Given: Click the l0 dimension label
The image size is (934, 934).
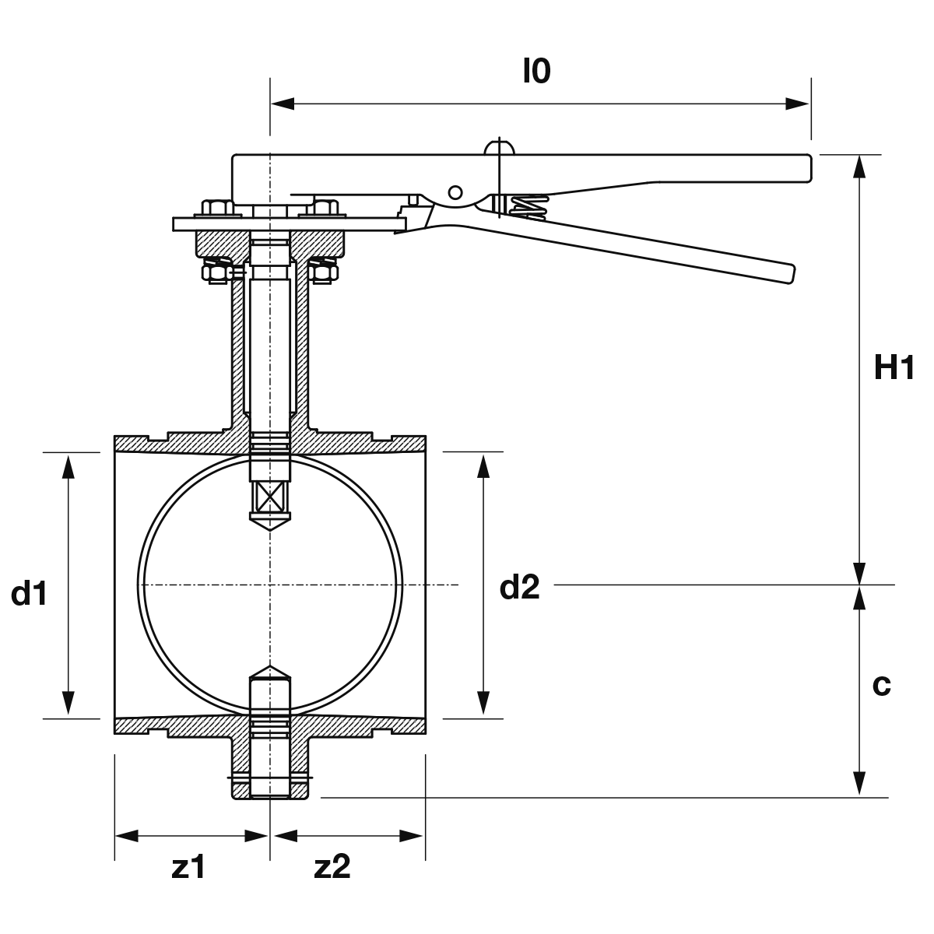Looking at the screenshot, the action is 537,72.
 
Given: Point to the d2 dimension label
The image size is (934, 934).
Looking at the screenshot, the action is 520,588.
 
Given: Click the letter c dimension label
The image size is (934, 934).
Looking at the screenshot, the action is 882,686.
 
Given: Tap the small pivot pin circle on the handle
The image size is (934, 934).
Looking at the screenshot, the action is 455,192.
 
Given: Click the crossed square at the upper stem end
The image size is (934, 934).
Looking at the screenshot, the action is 270,497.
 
